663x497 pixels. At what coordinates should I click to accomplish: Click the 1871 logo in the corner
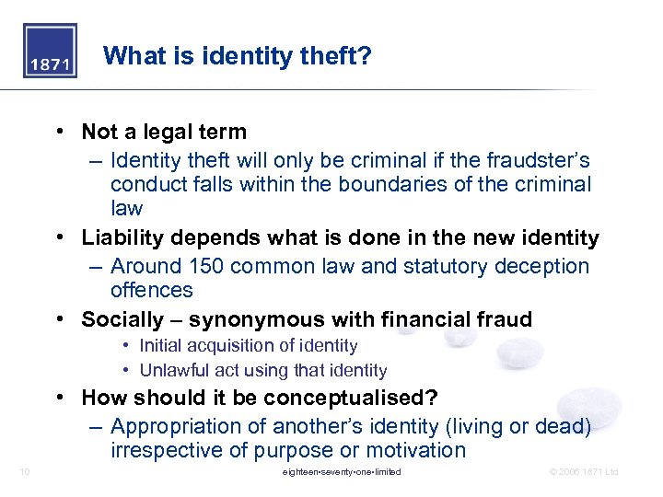point(50,51)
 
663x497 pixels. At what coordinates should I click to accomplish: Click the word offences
point(152,290)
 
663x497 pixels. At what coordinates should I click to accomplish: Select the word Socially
point(118,320)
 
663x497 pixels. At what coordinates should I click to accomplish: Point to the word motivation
point(416,450)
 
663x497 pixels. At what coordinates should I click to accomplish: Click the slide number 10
point(25,472)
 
